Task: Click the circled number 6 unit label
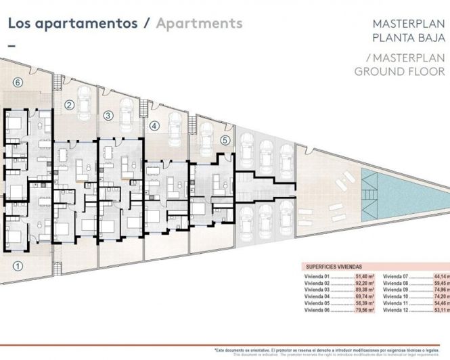[18, 83]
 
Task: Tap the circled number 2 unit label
[69, 105]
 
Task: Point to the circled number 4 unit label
[154, 126]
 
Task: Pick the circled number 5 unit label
[225, 140]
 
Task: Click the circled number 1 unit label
[18, 265]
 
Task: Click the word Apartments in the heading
[199, 23]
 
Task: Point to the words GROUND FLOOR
[400, 71]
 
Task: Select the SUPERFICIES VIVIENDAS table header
[335, 267]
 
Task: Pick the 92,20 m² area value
[365, 284]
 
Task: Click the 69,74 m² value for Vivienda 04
[365, 296]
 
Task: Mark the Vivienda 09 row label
[395, 290]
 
